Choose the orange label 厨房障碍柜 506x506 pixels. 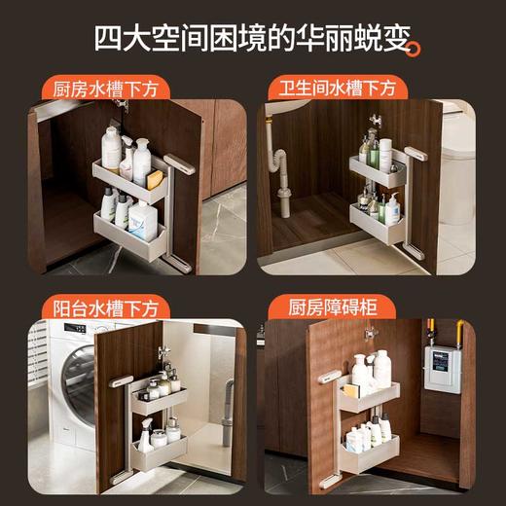coord(332,307)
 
